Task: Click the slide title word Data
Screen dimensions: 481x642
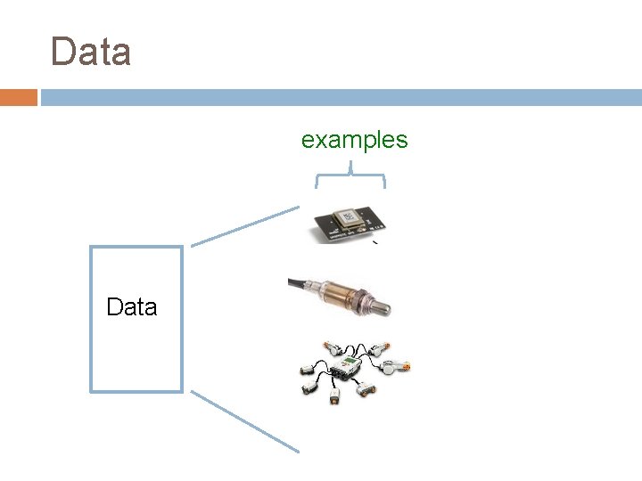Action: [91, 52]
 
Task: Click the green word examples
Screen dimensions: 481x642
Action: [354, 140]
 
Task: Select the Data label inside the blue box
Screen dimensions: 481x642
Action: [131, 307]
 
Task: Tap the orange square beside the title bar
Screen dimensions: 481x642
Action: [18, 97]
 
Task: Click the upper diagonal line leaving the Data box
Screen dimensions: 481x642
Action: [245, 225]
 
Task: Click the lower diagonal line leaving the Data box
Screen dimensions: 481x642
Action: [245, 422]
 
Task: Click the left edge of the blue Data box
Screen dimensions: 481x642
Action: [91, 319]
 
